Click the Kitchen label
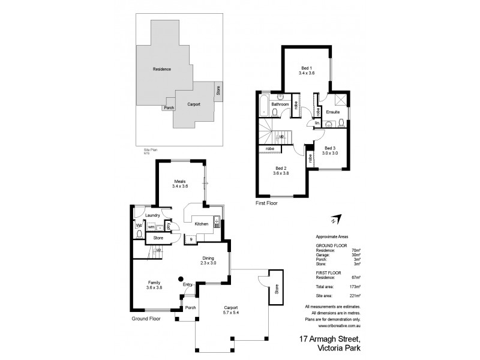coord(201,224)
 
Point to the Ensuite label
coord(332,112)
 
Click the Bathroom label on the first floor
coord(280,104)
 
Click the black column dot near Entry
coord(181,278)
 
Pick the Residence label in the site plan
coord(162,70)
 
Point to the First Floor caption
coord(266,203)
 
